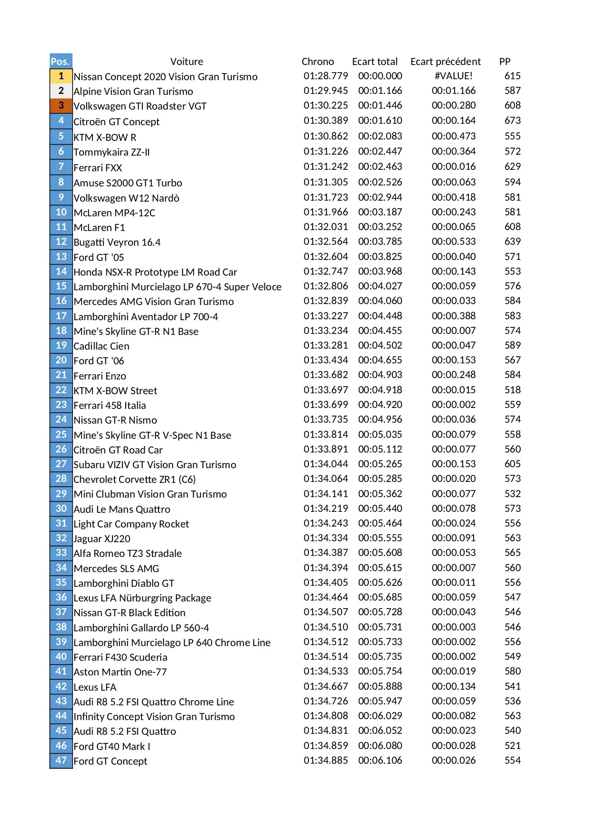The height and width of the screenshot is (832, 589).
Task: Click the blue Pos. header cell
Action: click(x=61, y=61)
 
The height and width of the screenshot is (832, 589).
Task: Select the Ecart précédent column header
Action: click(x=445, y=62)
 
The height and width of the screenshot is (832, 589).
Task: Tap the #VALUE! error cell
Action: click(x=453, y=76)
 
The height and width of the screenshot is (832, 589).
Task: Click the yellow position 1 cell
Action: click(x=61, y=76)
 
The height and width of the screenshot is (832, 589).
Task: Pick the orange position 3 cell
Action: click(x=61, y=105)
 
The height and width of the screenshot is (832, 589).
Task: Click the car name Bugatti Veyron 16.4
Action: click(x=117, y=242)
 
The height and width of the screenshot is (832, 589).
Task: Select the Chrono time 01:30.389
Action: click(x=326, y=120)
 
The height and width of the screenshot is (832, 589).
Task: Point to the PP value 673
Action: click(x=513, y=120)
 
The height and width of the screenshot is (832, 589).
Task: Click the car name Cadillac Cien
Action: click(x=102, y=346)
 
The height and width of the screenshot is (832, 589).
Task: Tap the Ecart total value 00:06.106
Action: click(x=380, y=760)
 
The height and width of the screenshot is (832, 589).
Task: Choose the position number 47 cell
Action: click(x=61, y=760)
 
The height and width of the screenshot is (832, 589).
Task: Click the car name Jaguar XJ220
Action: click(x=102, y=539)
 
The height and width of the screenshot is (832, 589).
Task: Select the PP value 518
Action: click(x=513, y=390)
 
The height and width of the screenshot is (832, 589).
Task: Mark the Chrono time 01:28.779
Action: click(x=326, y=76)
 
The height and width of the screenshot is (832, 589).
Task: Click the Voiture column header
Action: click(x=187, y=62)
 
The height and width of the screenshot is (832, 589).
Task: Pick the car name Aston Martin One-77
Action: click(x=120, y=672)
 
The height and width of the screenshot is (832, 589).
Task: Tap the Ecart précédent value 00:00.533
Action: click(x=453, y=241)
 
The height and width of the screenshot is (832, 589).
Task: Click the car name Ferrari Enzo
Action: click(x=100, y=376)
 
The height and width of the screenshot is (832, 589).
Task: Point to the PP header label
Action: click(x=505, y=62)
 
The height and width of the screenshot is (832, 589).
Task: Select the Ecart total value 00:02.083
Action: click(x=380, y=136)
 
